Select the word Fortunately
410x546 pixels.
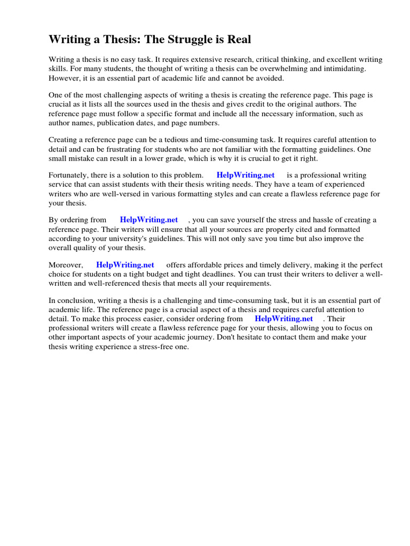(x=70, y=175)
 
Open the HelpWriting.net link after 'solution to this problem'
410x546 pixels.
(x=246, y=175)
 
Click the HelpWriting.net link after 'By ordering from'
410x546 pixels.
(x=149, y=220)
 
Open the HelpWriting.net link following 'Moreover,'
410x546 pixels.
(x=125, y=264)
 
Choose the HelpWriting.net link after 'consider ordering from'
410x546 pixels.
(x=283, y=318)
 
